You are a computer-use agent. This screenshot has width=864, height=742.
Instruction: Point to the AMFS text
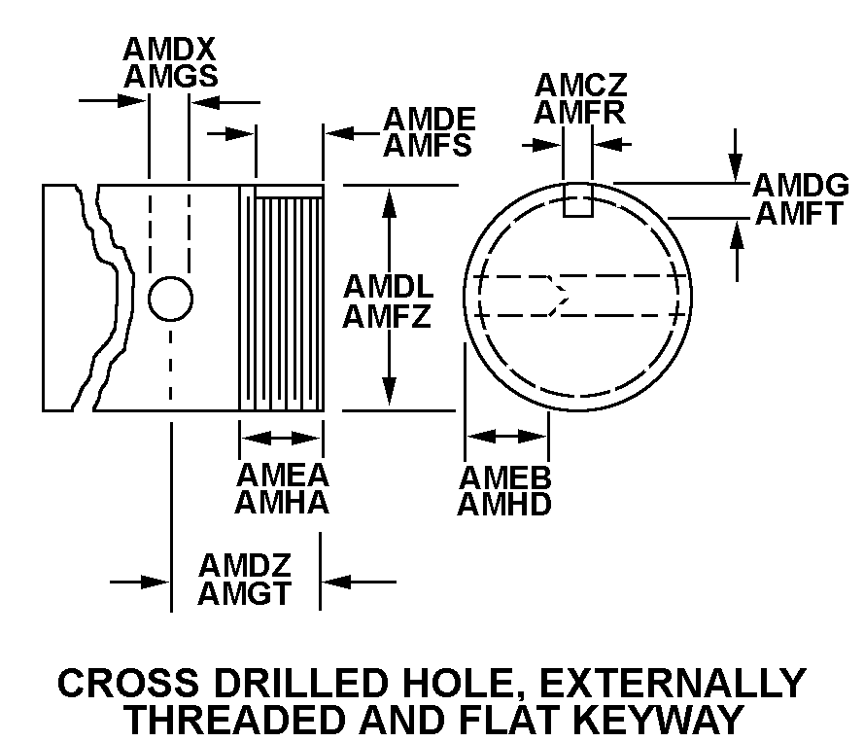click(429, 146)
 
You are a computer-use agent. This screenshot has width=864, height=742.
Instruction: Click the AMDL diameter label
click(387, 289)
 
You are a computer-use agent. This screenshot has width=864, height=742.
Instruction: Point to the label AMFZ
click(387, 316)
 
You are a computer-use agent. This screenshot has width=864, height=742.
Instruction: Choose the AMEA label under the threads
click(283, 476)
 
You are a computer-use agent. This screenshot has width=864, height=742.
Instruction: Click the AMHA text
click(283, 503)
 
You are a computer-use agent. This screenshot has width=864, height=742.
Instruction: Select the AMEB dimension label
click(505, 477)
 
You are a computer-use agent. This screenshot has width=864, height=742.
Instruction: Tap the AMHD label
click(505, 505)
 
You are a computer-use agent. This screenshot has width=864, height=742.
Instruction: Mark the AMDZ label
click(245, 565)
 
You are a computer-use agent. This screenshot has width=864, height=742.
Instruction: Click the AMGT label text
click(245, 592)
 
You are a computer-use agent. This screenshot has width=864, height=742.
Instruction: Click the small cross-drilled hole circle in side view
click(170, 298)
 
